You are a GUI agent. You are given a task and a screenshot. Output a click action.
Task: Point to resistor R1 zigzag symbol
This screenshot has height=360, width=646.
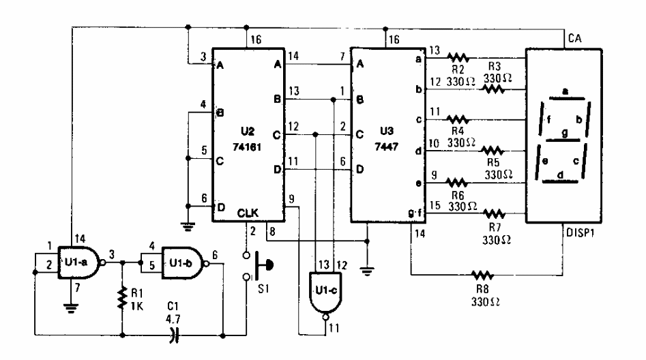tap(123, 295)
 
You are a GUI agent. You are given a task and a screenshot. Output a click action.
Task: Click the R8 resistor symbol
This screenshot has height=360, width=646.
tap(482, 276)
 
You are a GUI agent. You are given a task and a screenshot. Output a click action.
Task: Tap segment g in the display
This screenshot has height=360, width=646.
tap(564, 132)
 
